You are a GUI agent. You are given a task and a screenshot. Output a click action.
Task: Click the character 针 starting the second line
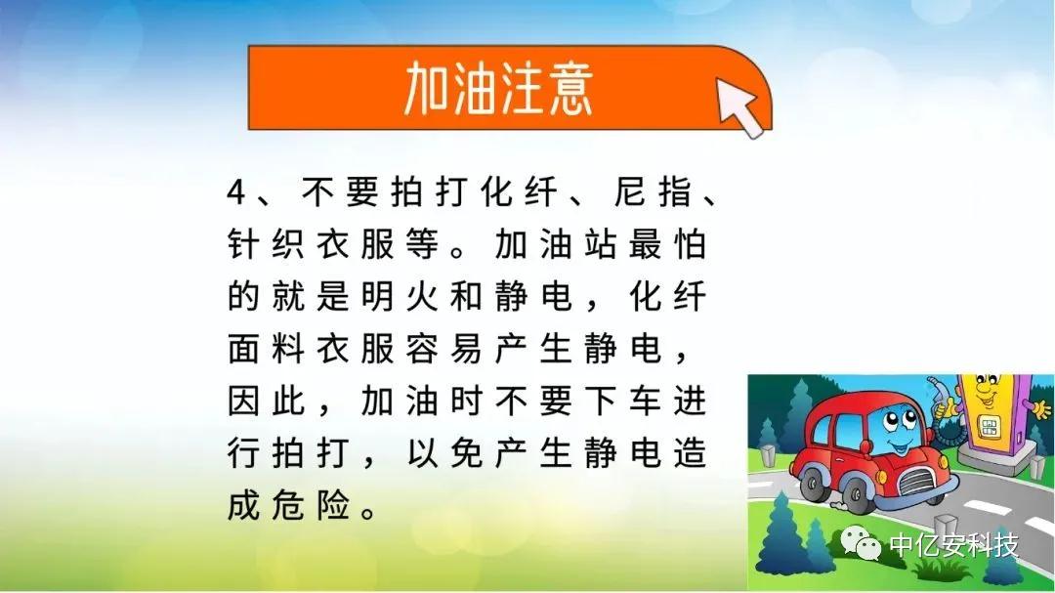[243, 243]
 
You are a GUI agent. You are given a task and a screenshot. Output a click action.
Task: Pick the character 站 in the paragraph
[600, 243]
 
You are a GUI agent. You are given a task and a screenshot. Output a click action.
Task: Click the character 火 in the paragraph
[422, 296]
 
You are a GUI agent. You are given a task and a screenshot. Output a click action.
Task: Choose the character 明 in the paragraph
[377, 296]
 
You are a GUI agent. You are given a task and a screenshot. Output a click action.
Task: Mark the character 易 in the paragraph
[466, 349]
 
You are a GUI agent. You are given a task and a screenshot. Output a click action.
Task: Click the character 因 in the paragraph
[243, 402]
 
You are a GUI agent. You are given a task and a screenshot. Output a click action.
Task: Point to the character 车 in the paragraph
[645, 402]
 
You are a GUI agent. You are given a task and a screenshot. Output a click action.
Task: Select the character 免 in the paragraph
[466, 453]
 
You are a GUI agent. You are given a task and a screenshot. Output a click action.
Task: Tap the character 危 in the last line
[288, 505]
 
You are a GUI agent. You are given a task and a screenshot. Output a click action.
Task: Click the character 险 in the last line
[333, 505]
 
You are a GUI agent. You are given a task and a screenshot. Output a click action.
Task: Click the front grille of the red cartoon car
[919, 480]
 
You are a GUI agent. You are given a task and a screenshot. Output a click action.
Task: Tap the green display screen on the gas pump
[988, 426]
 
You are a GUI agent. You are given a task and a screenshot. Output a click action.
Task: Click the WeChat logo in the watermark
[862, 542]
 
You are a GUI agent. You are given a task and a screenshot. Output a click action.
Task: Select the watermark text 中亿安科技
[954, 545]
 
